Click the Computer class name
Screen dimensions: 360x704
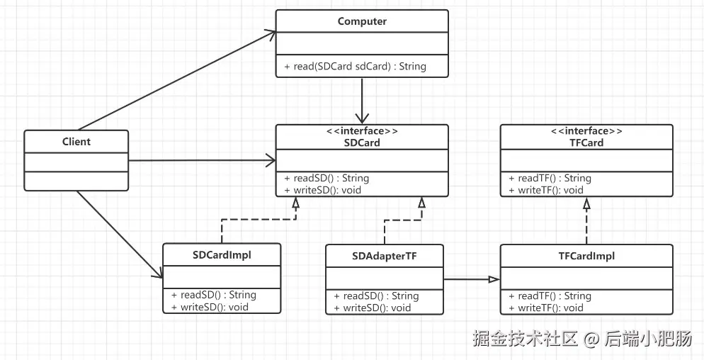tap(362, 21)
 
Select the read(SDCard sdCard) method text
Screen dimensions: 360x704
tap(355, 67)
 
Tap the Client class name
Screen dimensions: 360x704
tap(76, 142)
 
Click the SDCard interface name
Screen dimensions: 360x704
tap(362, 142)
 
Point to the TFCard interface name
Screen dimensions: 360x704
tap(586, 142)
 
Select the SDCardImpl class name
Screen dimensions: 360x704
tap(222, 255)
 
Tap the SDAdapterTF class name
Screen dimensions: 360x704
tap(385, 257)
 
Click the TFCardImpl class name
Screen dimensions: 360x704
tap(586, 257)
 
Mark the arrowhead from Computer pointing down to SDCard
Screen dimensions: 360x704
tap(362, 119)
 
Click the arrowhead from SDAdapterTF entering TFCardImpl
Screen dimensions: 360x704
tap(494, 280)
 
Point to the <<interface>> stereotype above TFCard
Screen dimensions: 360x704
tap(586, 131)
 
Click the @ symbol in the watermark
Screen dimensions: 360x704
tap(592, 339)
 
